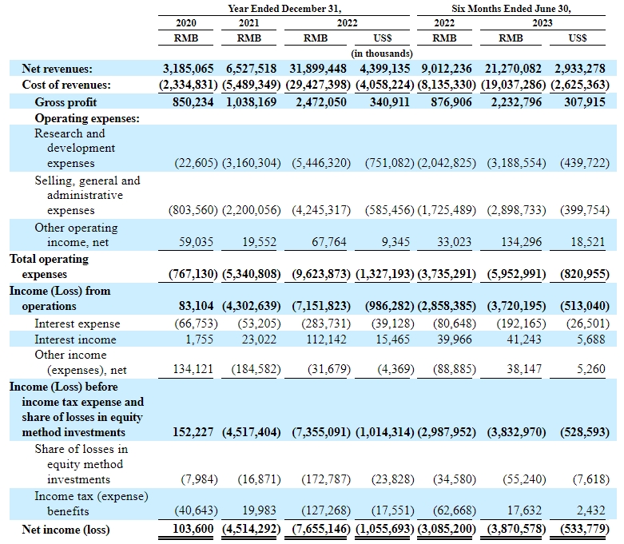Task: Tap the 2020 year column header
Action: point(185,23)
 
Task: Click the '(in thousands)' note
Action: point(381,54)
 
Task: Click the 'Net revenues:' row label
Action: point(57,69)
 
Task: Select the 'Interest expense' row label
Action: point(77,324)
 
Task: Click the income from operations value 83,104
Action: point(195,306)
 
